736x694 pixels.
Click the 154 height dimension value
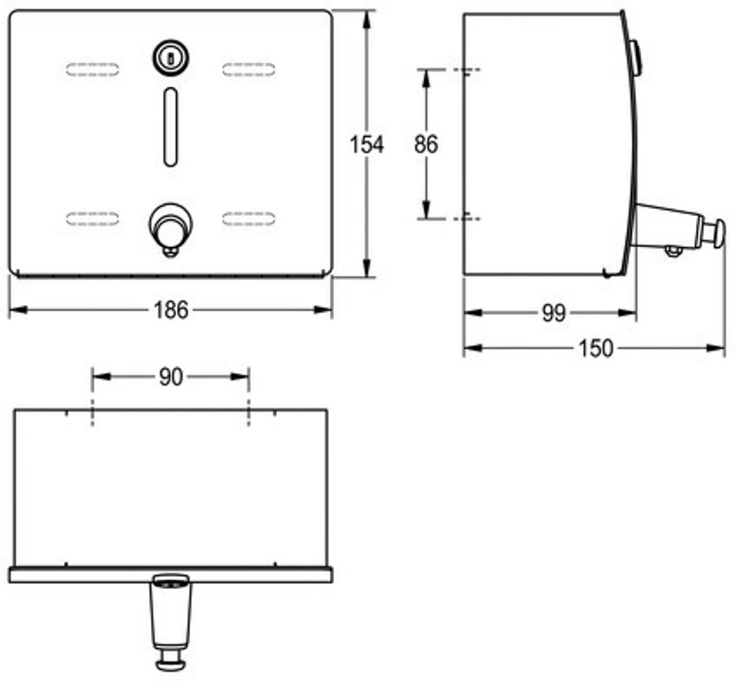pyautogui.click(x=367, y=144)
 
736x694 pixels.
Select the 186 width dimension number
pyautogui.click(x=171, y=310)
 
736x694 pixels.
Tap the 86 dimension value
pyautogui.click(x=425, y=144)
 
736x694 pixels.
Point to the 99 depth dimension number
pyautogui.click(x=554, y=313)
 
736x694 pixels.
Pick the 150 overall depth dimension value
pyautogui.click(x=596, y=348)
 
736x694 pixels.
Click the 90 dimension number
pyautogui.click(x=170, y=376)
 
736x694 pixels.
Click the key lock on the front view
pyautogui.click(x=171, y=57)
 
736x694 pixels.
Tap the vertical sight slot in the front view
pyautogui.click(x=171, y=126)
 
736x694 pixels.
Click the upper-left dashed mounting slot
pyautogui.click(x=93, y=70)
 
